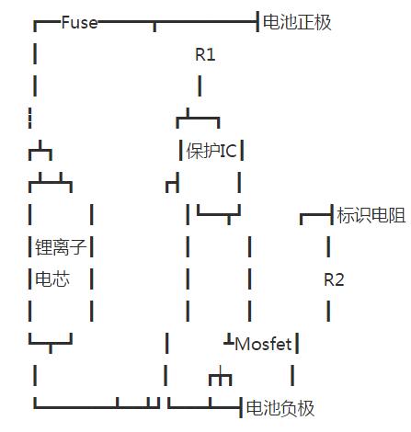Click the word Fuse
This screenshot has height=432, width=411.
(x=79, y=23)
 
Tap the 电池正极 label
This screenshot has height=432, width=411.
(x=297, y=23)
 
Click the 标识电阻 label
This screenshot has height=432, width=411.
(x=371, y=216)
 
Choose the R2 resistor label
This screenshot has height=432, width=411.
(x=334, y=279)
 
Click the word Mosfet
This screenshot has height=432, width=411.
(x=263, y=344)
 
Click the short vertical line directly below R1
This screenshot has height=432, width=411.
(x=199, y=86)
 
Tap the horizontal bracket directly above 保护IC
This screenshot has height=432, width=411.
(x=199, y=119)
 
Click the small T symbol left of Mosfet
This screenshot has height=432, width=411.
(x=228, y=343)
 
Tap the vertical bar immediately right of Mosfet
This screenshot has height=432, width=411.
(x=297, y=344)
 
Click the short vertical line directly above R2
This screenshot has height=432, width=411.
(x=327, y=247)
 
